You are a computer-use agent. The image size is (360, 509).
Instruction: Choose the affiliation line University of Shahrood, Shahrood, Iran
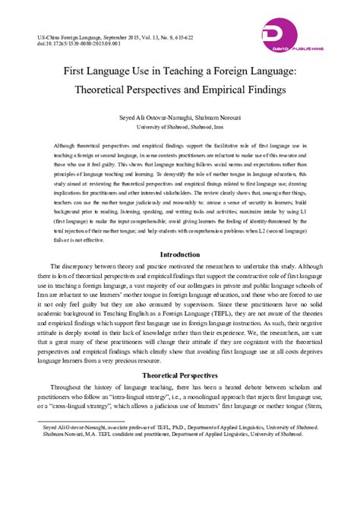pos(179,128)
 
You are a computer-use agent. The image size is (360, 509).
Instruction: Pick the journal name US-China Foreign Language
pos(60,36)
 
